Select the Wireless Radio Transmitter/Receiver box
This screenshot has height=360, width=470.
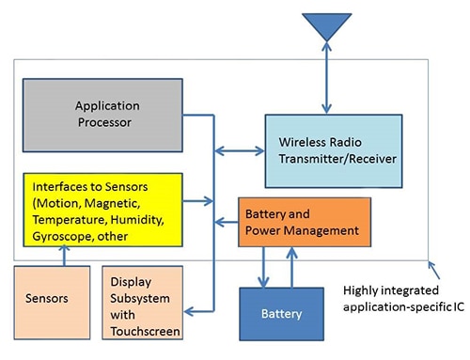tap(333, 150)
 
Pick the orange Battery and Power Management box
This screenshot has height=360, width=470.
tap(303, 222)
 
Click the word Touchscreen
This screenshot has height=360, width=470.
tap(145, 331)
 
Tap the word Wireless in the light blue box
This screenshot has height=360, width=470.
tap(302, 142)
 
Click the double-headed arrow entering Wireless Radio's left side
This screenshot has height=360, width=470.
tap(240, 149)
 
